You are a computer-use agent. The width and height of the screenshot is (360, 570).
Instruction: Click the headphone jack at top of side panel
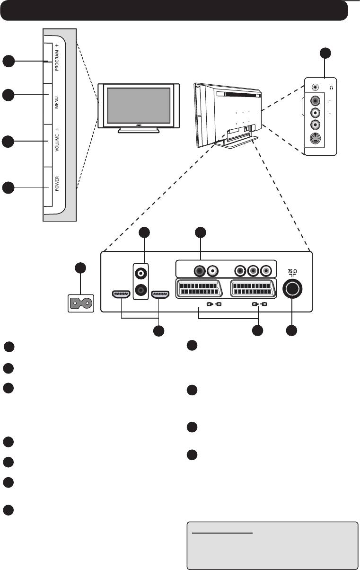[x=316, y=88]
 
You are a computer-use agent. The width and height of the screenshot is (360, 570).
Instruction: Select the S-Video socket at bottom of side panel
[x=316, y=139]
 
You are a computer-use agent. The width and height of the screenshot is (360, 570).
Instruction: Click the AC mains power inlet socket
[x=80, y=303]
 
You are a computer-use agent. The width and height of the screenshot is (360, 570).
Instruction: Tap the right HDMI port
[x=160, y=294]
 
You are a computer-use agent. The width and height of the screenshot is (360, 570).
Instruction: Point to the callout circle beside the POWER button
[x=8, y=188]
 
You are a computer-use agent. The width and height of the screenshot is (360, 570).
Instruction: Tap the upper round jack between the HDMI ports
[x=140, y=273]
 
